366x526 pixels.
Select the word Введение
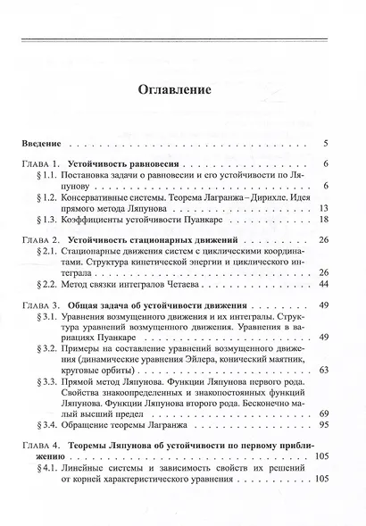tap(43, 143)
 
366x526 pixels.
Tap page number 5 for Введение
tap(328, 143)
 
